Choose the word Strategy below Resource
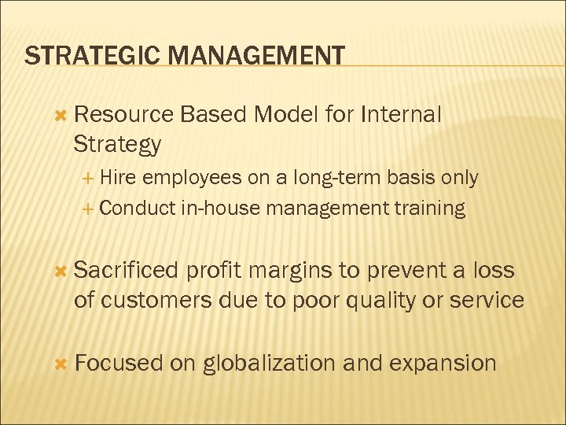pyautogui.click(x=117, y=144)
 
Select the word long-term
pyautogui.click(x=338, y=179)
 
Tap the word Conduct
pyautogui.click(x=138, y=209)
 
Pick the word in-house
pyautogui.click(x=222, y=209)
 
